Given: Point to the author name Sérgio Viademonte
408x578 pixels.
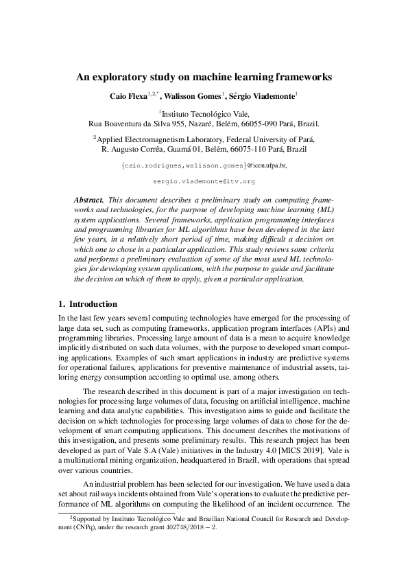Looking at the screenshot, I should [x=263, y=97].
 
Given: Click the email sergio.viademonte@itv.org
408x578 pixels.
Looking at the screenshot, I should [x=204, y=182].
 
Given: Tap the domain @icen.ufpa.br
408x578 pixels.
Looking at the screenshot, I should [x=267, y=165].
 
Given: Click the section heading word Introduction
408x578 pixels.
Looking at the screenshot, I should [x=94, y=304].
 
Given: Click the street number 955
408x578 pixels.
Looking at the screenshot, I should [x=172, y=124].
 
